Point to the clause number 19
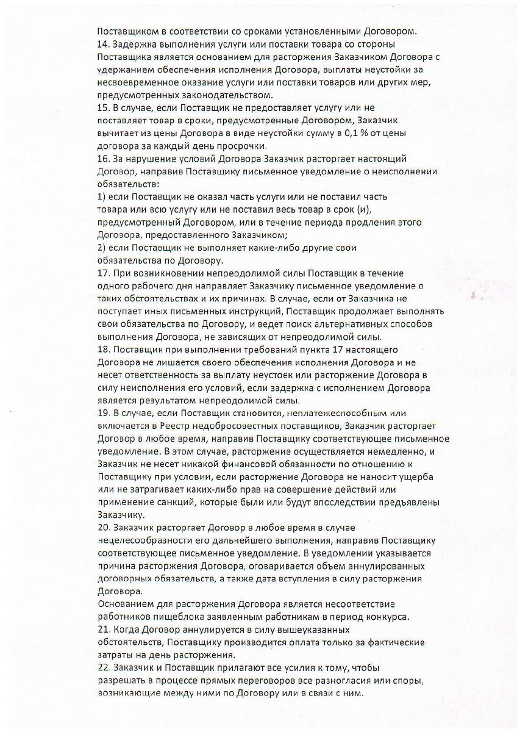click(102, 414)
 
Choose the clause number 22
click(103, 668)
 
